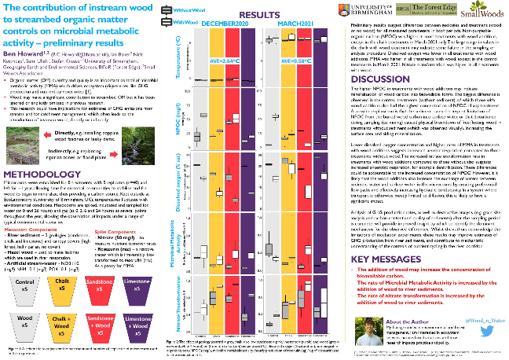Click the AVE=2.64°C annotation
[215, 59]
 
